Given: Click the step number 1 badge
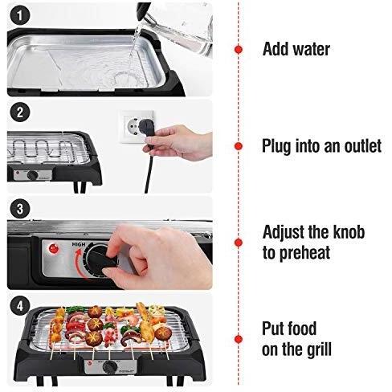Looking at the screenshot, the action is tap(19, 15).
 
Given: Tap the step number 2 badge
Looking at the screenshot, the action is tap(19, 112).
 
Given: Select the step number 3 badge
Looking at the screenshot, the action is tap(19, 209).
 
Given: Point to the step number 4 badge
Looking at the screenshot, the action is tap(19, 305).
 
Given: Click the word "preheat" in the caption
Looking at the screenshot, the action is tap(304, 253).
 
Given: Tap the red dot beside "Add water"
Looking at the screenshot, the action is tap(239, 50).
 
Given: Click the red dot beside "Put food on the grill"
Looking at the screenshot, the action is tap(239, 339).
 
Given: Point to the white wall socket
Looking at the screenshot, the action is tap(137, 126).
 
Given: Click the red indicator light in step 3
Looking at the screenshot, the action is tap(54, 249).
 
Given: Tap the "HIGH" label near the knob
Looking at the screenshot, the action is tap(79, 244).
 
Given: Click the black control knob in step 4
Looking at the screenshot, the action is tap(110, 367).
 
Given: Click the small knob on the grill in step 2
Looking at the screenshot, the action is tap(33, 175).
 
